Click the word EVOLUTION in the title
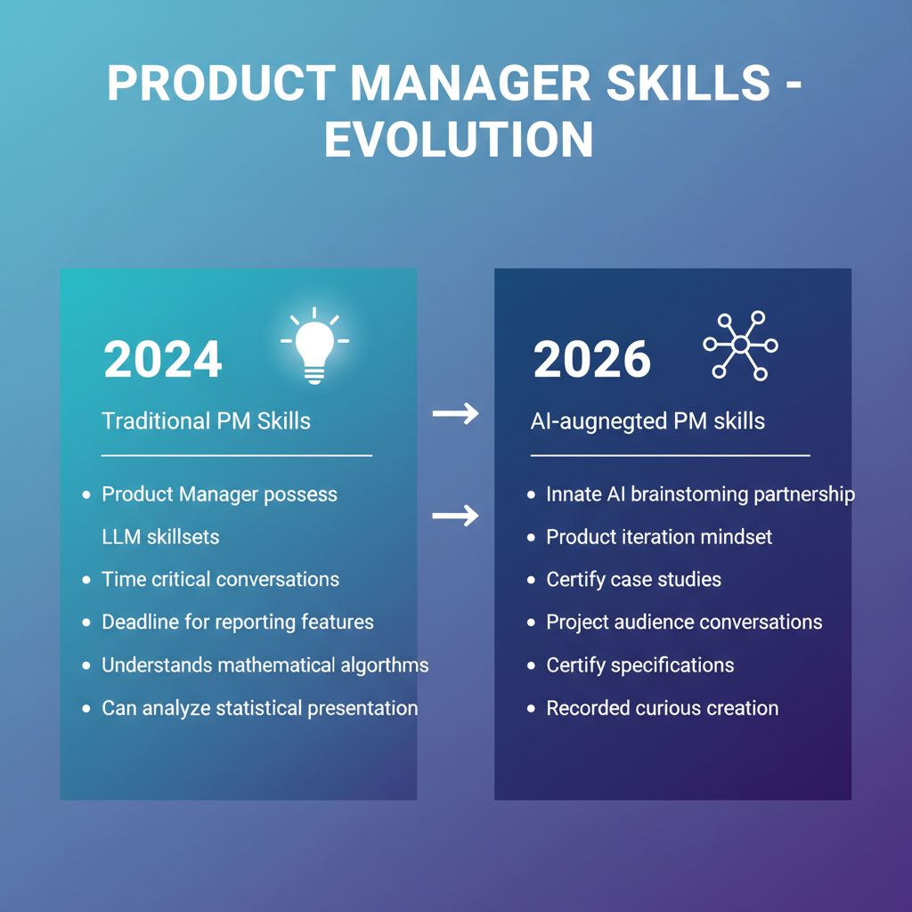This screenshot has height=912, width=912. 459,140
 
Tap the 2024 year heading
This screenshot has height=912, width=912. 163,360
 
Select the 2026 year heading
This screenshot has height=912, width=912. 592,360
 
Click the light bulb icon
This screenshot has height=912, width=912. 314,346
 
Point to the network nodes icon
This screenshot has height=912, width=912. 741,346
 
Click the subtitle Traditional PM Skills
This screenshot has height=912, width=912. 207,421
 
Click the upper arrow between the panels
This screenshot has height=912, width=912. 455,413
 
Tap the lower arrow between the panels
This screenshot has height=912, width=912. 455,515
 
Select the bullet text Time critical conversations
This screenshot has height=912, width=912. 220,580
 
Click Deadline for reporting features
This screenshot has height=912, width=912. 238,623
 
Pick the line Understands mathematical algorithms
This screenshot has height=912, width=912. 265,665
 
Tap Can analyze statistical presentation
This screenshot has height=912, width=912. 259,709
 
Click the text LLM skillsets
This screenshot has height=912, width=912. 160,537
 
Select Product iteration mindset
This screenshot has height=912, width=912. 659,537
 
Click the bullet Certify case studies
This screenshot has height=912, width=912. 633,580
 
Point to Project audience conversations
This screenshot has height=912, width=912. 684,623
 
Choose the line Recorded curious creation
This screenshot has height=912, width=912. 662,709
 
